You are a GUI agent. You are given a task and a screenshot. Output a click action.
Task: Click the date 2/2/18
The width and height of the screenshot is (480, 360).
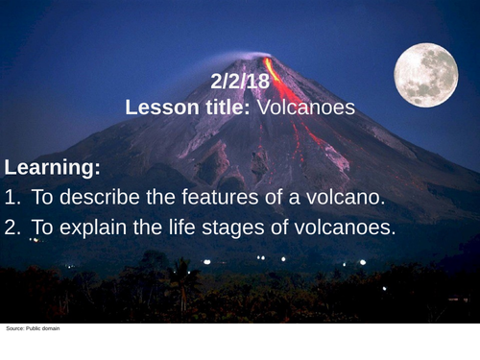(x=240, y=83)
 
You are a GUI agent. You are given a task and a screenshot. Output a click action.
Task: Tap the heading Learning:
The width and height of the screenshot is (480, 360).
(x=52, y=168)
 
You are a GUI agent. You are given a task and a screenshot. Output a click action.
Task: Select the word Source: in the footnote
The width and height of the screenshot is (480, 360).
(x=13, y=329)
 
